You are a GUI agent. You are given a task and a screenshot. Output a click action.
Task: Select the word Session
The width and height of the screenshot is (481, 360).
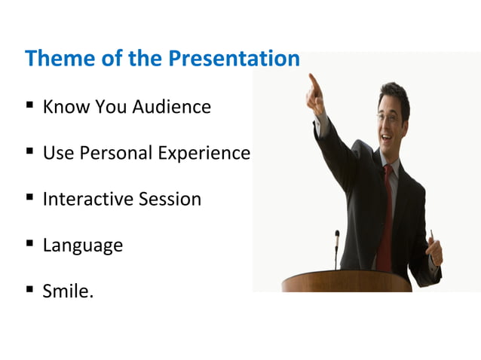coord(170,200)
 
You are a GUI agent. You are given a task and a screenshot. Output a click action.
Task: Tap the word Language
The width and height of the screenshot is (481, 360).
coord(82,246)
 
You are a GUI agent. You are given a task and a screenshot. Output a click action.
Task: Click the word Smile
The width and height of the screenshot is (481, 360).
coord(68,291)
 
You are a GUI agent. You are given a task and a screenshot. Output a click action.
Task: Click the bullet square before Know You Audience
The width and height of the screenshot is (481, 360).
coord(29,106)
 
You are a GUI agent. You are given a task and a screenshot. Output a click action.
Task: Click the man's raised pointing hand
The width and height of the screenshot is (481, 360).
coord(316,94)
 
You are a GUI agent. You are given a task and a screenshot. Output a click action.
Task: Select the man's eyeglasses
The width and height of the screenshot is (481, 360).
coord(388,117)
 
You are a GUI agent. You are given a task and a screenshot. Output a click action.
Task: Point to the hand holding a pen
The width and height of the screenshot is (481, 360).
coord(435,249)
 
